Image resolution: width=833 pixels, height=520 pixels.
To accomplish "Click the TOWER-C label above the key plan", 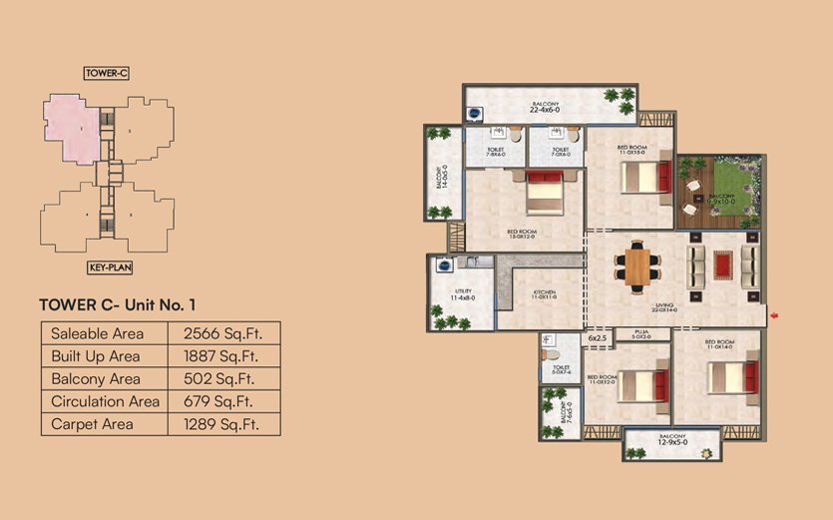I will click(106, 73).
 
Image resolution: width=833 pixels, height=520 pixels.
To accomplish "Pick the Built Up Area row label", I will click(96, 356).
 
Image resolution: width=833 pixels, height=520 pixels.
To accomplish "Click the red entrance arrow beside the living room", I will click(773, 317).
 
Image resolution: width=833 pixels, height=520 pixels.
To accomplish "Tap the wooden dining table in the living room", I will click(636, 265).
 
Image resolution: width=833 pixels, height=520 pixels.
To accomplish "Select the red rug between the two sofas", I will click(721, 264).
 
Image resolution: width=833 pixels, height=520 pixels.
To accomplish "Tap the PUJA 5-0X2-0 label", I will click(641, 336).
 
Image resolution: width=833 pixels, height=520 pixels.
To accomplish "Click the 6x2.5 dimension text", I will click(597, 339).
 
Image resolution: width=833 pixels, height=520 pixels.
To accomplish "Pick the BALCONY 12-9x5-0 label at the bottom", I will click(671, 439).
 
